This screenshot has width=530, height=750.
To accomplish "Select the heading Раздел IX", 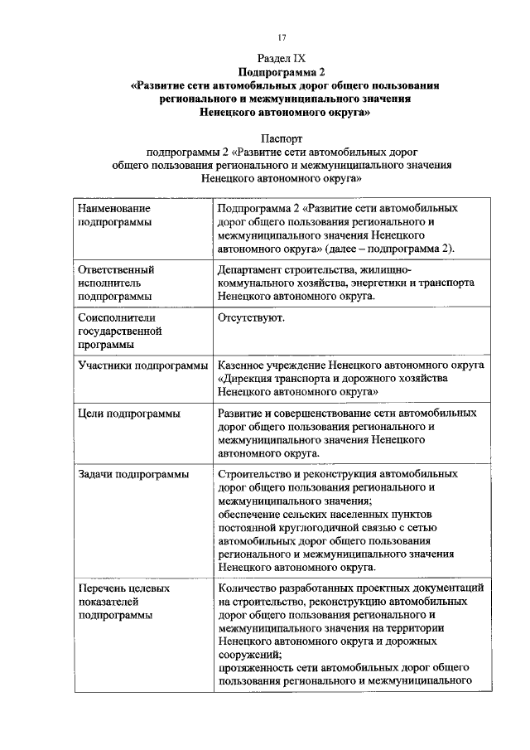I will point(282,59).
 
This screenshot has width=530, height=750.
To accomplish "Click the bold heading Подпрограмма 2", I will point(282,72).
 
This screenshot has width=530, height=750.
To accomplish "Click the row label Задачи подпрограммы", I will point(132,474).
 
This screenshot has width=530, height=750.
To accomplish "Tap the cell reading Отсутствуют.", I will point(252,317).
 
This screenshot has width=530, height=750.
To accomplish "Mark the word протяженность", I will point(258,668).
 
